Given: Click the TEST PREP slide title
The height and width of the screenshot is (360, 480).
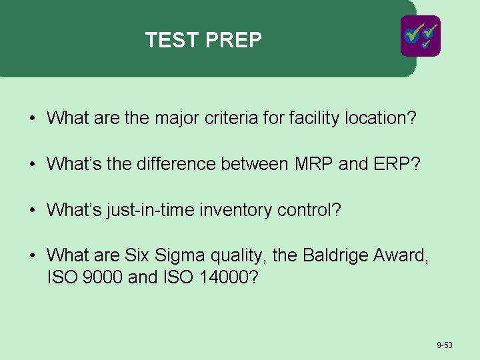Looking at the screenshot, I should [203, 41].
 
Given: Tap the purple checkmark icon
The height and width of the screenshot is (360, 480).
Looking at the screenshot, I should [420, 36].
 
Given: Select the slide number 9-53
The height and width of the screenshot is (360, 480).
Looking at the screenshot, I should [445, 345].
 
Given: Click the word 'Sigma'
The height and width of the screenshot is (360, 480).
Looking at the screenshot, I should [179, 255].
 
